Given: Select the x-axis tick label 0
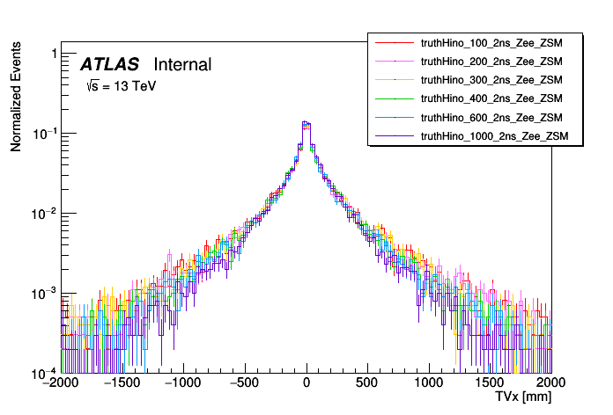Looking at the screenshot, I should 306,384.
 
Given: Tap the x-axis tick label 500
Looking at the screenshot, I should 367,384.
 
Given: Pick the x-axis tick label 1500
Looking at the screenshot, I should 491,384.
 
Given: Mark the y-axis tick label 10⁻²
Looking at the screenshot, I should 44,214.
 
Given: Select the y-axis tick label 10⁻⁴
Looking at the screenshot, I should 44,372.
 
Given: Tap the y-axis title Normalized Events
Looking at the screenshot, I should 16,99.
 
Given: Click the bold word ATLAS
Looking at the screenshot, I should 109,64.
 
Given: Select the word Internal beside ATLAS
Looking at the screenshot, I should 182,64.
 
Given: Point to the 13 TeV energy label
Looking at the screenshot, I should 121,87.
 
